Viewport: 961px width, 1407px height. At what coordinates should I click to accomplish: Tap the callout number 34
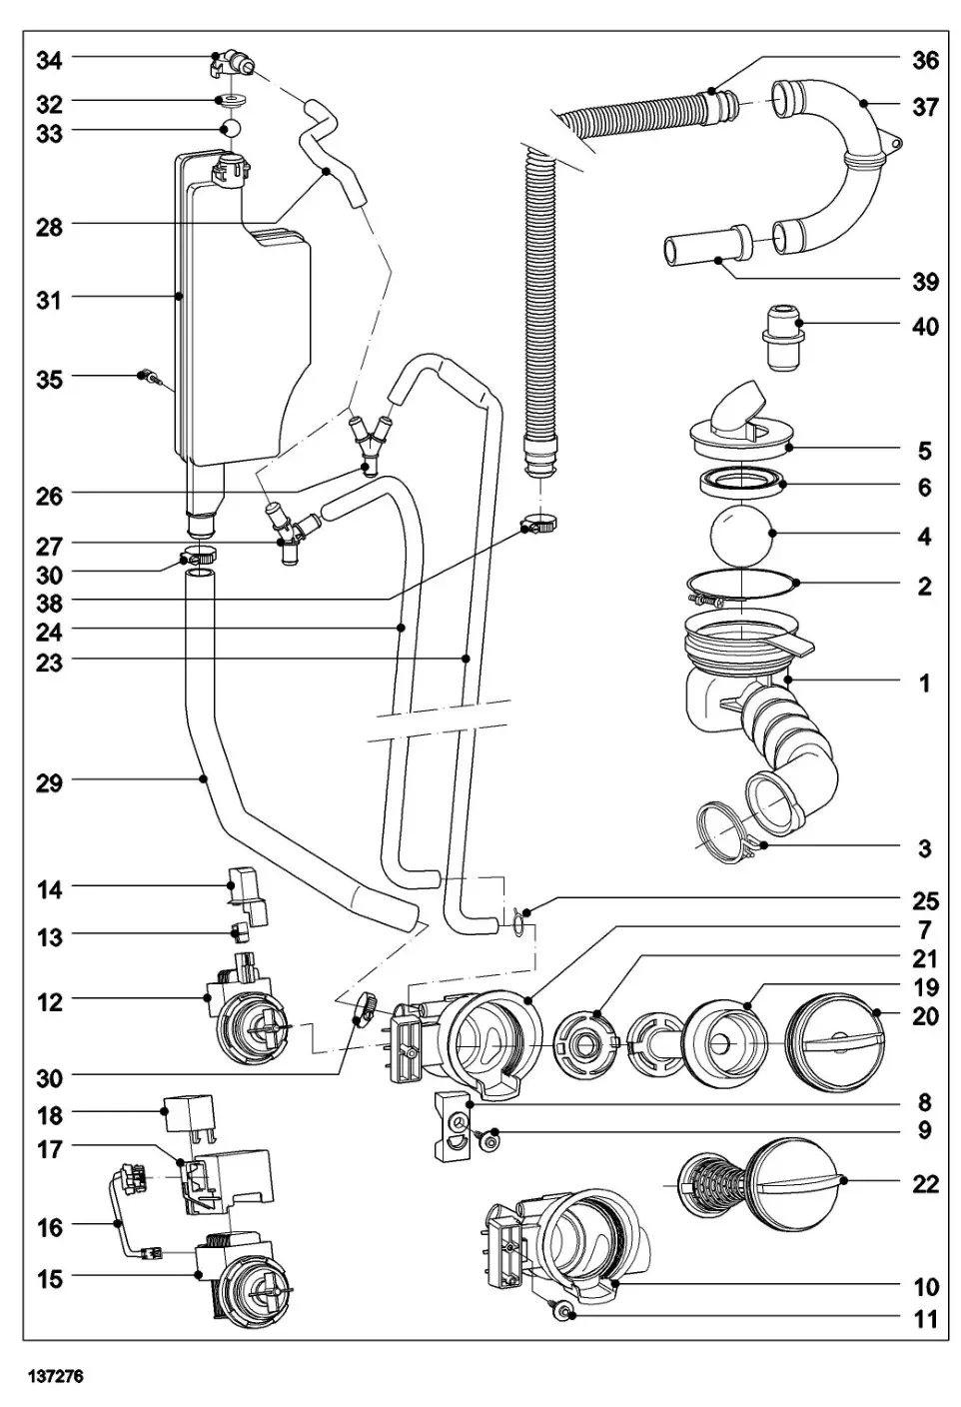(49, 60)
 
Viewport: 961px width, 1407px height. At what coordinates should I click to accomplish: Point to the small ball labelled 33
(232, 130)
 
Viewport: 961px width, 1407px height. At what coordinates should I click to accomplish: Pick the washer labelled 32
(232, 101)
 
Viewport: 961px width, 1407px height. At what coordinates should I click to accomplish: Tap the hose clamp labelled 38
(537, 522)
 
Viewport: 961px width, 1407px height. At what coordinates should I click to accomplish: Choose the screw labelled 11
(565, 1312)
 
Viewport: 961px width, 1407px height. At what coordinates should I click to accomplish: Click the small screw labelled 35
(148, 377)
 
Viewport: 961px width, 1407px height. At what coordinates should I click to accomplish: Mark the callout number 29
(49, 782)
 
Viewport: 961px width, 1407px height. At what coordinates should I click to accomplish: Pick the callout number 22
(925, 1183)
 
